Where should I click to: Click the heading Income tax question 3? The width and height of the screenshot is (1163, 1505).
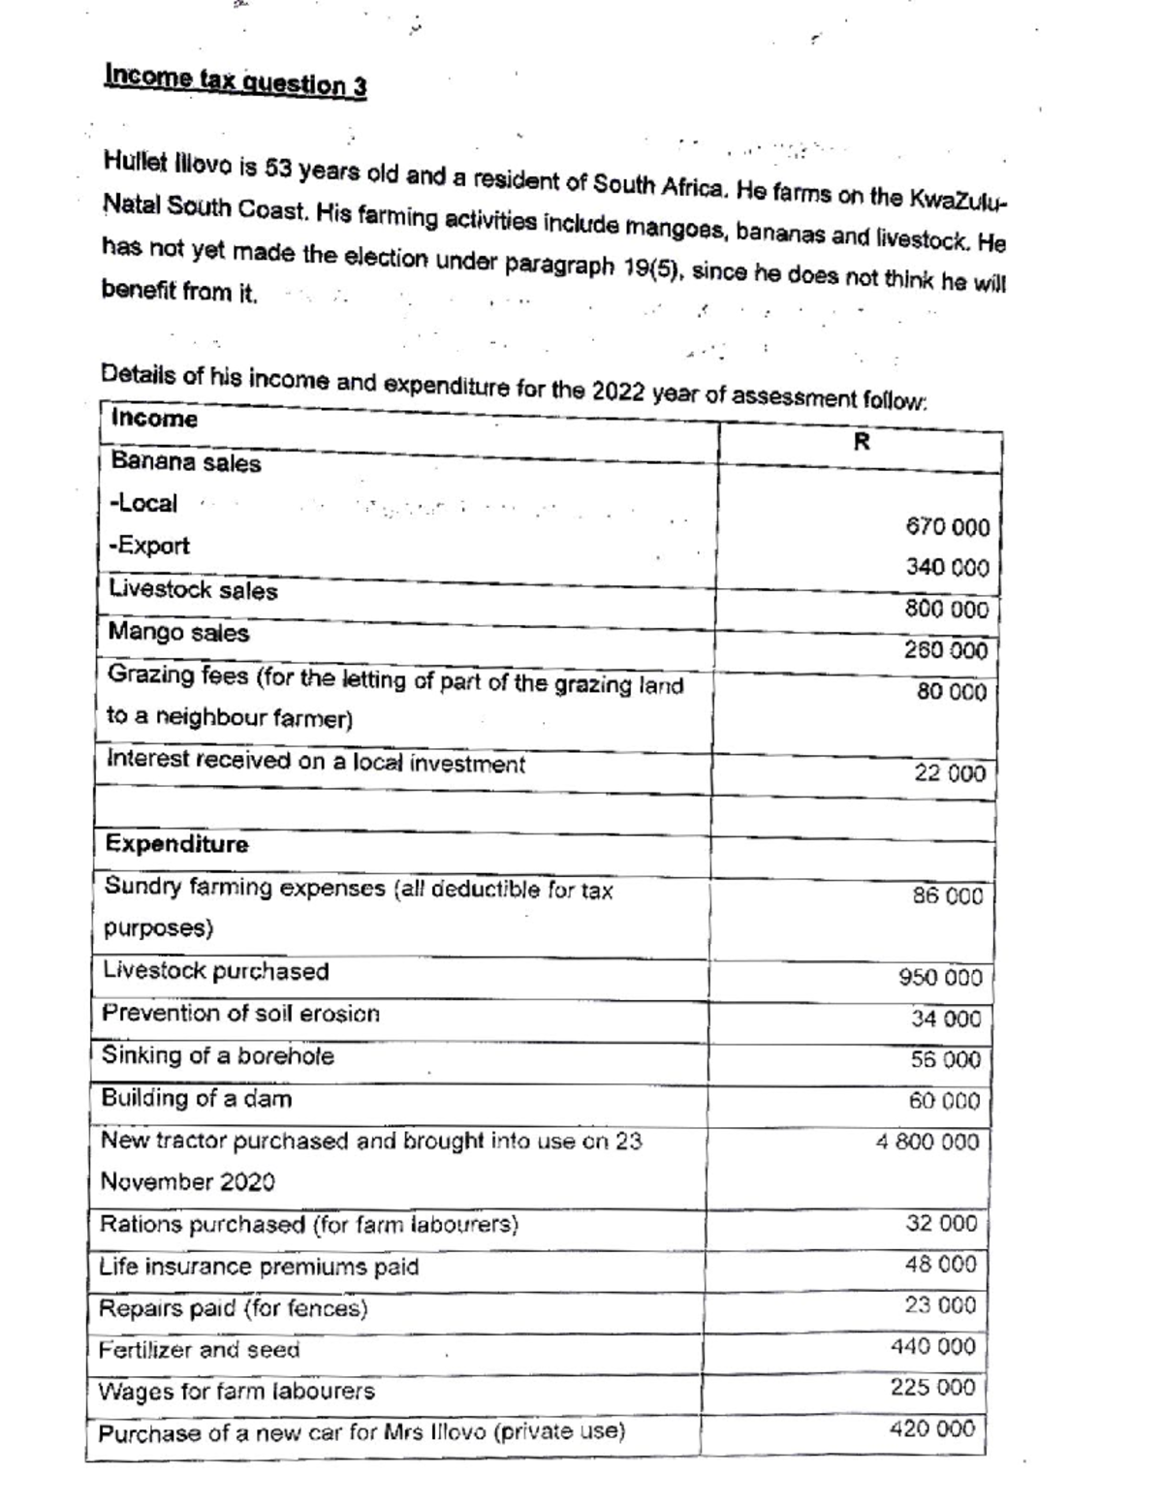point(236,80)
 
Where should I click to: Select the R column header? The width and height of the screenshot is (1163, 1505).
point(862,442)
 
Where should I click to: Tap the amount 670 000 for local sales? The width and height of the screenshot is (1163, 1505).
point(947,527)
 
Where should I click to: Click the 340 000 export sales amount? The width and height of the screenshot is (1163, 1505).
point(947,567)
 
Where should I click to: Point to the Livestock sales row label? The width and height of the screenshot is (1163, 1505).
point(193,590)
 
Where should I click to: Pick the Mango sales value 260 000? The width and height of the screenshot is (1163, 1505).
point(945,650)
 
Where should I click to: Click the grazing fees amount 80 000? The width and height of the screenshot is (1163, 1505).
point(951,692)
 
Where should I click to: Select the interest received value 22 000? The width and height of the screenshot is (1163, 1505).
point(949,773)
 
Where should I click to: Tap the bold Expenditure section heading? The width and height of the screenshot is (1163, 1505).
point(176,844)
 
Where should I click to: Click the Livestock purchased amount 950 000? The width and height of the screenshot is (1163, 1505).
point(940,977)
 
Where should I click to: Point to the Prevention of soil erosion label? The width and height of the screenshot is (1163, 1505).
point(240,1014)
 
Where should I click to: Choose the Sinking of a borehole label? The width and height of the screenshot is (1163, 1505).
point(217,1055)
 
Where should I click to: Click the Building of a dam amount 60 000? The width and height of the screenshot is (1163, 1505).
point(944,1101)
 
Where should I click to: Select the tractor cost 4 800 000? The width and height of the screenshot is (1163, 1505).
point(927,1143)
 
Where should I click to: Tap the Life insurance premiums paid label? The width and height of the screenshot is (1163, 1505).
point(259,1267)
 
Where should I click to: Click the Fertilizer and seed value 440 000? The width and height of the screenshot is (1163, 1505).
point(932,1346)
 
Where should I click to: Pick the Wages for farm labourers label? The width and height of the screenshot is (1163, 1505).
point(236,1392)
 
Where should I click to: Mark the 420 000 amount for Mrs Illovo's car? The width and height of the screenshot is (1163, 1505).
point(931,1428)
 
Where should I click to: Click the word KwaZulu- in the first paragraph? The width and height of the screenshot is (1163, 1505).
point(957,200)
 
